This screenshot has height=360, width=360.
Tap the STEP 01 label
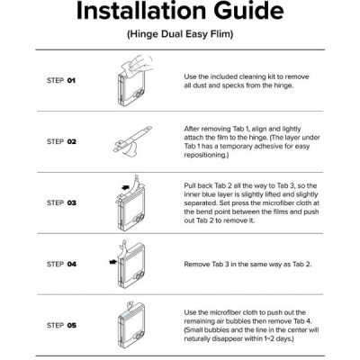click(x=61, y=80)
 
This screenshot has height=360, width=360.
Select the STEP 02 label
click(x=61, y=141)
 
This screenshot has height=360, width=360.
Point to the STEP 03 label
click(x=61, y=202)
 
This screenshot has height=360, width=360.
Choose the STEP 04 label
click(x=61, y=264)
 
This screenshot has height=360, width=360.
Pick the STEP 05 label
click(x=61, y=325)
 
